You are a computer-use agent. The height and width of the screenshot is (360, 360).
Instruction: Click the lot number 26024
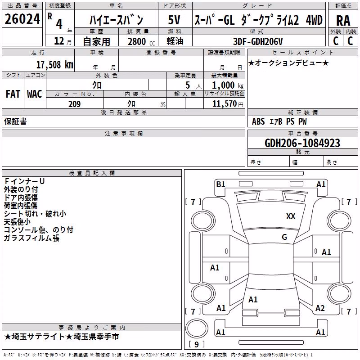coord(22,19)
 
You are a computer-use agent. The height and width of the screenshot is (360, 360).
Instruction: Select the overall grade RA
coord(343,21)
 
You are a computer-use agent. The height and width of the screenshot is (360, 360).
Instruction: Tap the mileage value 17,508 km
coord(55,65)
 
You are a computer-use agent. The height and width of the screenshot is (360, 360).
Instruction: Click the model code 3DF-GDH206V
coord(258,41)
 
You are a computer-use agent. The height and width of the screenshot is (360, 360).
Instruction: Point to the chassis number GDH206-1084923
coord(302,143)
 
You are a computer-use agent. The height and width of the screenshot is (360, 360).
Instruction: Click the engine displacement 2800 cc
coord(141,41)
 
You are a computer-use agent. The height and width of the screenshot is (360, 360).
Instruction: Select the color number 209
coord(75,104)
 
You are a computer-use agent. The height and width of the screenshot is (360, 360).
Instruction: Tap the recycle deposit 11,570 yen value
coord(228,104)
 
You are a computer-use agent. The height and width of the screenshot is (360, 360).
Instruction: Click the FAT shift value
coord(13,94)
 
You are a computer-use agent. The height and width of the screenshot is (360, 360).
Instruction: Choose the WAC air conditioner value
coord(35,94)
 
